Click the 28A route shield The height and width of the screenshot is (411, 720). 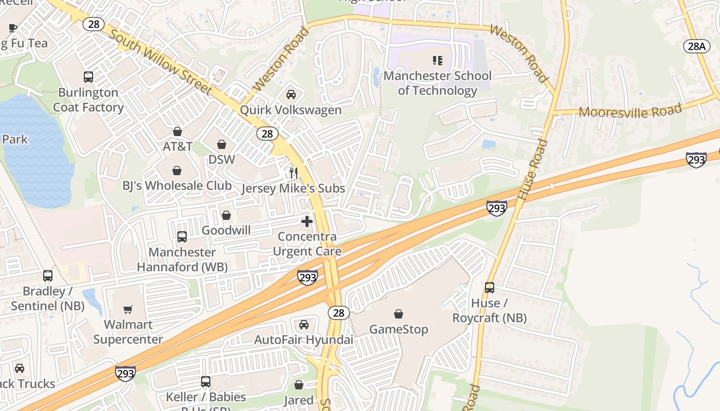696,46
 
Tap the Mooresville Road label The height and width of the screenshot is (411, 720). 631,111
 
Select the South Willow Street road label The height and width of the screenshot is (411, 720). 161,62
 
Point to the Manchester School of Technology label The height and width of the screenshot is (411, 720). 438,83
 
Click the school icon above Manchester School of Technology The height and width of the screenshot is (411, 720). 438,61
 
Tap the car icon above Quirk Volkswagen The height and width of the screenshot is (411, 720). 291,95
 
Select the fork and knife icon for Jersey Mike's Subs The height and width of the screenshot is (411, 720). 294,173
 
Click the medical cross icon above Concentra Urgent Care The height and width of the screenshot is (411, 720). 307,221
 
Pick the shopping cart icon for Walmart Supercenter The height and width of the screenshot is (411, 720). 128,309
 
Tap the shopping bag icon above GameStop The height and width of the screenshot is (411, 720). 399,314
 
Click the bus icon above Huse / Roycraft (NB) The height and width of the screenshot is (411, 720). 490,288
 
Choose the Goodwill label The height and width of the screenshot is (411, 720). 226,230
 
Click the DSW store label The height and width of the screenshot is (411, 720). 222,160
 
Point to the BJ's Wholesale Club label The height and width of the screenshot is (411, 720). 177,185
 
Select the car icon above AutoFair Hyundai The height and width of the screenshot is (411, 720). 304,325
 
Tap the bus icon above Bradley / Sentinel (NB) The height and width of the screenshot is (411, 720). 48,276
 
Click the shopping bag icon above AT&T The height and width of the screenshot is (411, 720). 177,132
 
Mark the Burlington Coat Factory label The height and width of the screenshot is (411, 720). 88,100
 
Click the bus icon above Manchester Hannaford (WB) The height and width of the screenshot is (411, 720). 182,237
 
